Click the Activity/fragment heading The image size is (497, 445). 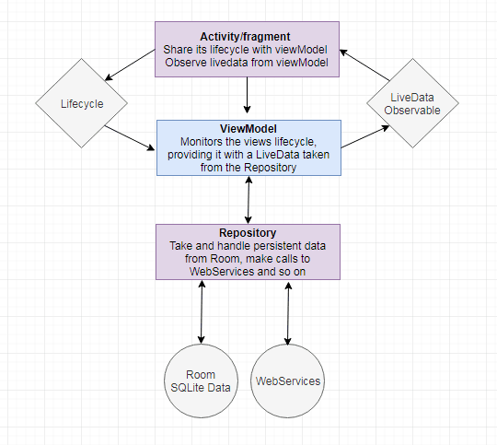pos(246,36)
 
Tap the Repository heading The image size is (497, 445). pos(246,234)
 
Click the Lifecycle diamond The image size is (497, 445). pos(81,104)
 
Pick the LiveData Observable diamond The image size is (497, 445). pos(412,103)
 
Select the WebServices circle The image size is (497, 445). pos(289,380)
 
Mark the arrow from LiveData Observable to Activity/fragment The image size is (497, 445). pos(364,64)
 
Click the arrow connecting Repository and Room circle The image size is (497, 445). pos(200,315)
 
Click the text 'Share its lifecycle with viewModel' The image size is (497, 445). pos(246,49)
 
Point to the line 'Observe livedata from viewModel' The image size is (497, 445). pos(246,62)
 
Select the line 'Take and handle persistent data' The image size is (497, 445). pos(246,247)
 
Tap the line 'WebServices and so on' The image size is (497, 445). pos(246,272)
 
